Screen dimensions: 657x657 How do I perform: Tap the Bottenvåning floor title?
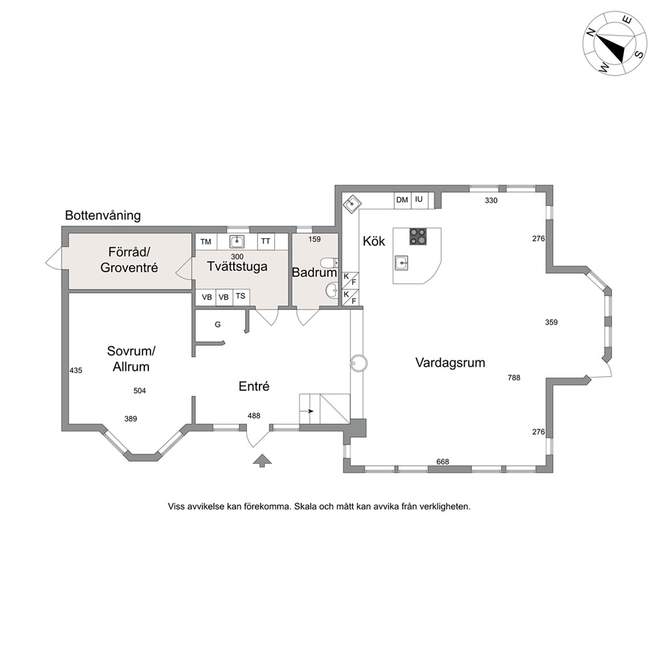[103, 215]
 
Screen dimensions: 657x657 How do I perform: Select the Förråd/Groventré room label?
[129, 260]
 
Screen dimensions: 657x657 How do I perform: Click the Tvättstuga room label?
[237, 266]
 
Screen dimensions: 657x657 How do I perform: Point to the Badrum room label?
[314, 272]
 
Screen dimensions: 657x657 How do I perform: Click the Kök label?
[374, 241]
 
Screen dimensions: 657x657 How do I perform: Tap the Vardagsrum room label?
[450, 362]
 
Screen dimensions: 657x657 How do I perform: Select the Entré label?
[254, 386]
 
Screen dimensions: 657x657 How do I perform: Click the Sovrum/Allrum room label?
[131, 359]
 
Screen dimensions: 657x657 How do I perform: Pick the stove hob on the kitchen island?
[418, 236]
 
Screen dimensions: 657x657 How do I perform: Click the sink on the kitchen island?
[401, 263]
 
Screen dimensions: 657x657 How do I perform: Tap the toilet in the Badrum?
[329, 263]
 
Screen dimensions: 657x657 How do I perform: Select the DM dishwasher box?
[402, 200]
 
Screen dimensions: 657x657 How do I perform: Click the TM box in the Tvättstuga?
[206, 242]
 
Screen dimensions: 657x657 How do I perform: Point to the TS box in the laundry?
[240, 296]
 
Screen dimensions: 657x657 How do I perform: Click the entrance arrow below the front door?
[262, 460]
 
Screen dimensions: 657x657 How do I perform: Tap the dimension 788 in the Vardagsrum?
[514, 378]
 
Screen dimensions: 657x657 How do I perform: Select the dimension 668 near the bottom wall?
[443, 462]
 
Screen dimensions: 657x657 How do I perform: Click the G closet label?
[217, 325]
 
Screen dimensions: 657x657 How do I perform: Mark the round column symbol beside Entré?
[359, 363]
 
